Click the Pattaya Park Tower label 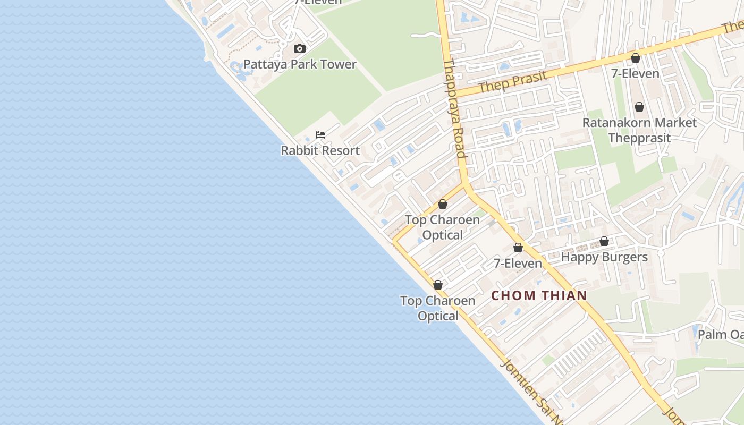300,64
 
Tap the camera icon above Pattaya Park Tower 300,49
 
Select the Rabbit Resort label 320,150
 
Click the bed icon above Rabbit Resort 320,135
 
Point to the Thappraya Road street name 454,109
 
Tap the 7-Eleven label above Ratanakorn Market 635,73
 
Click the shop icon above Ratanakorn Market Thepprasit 639,107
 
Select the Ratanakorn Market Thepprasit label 639,130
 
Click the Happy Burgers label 604,257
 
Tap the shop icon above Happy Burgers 604,242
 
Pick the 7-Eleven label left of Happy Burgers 518,263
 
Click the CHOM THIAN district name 539,295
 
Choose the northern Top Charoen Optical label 442,227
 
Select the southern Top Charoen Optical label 437,308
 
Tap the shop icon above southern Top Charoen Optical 438,285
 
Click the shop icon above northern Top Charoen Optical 443,204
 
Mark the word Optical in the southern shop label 437,316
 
